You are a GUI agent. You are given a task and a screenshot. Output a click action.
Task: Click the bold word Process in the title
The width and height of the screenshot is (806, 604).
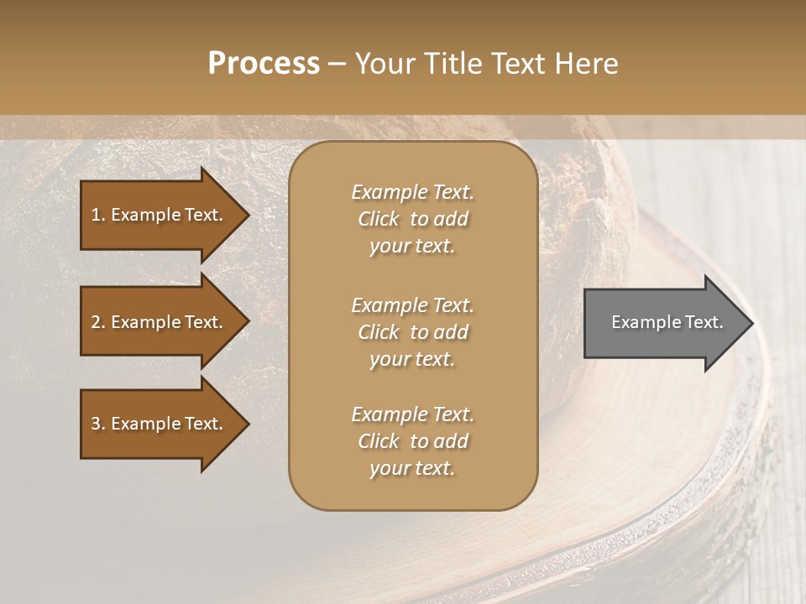264,64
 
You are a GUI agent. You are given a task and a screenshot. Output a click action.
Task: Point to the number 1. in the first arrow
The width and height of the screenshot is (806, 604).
98,215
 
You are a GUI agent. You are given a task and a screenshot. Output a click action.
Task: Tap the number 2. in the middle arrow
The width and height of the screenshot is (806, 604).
98,322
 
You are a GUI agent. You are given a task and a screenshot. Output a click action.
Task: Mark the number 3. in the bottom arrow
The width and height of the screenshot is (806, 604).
98,424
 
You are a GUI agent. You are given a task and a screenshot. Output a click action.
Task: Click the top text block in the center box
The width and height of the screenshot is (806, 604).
412,219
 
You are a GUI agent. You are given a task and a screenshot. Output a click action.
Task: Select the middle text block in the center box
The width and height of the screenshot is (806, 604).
412,332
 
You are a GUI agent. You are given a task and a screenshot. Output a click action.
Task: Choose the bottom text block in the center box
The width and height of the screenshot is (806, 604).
412,441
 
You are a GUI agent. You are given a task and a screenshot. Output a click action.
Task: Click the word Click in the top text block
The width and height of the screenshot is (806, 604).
379,219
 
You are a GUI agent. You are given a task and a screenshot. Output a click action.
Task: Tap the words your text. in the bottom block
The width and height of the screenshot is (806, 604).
412,469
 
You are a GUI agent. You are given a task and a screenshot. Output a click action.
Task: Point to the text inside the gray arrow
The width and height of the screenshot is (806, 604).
667,322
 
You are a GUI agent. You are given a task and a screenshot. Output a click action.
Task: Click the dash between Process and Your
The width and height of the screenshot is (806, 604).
337,64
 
